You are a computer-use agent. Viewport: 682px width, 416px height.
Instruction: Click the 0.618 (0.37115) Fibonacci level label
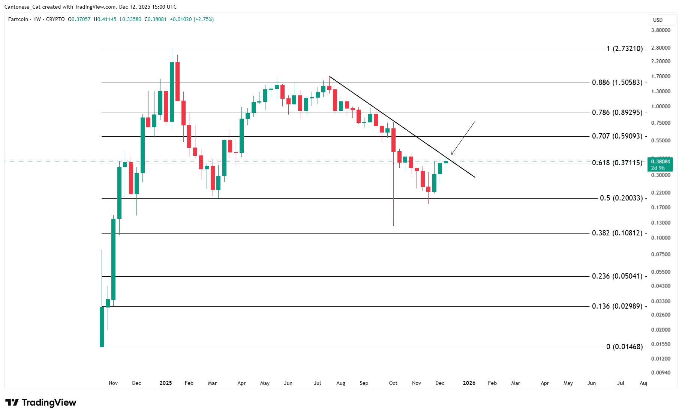click(x=617, y=163)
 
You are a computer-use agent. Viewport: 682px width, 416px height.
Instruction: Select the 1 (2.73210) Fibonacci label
click(x=624, y=48)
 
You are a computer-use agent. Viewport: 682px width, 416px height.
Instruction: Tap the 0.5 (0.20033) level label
click(x=621, y=198)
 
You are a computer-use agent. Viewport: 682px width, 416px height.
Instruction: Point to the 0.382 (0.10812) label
click(x=617, y=233)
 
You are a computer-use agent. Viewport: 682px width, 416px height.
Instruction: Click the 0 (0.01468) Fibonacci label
click(x=624, y=347)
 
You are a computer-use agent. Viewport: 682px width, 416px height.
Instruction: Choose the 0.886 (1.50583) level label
click(x=617, y=82)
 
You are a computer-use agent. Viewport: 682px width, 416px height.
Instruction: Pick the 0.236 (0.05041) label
click(x=617, y=276)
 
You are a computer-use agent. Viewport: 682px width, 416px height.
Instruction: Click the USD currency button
click(x=658, y=20)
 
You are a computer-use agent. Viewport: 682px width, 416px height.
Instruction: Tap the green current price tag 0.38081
click(x=660, y=162)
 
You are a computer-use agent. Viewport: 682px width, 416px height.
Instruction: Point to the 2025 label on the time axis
click(x=165, y=383)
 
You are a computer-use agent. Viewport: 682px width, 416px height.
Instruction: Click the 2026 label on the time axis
click(x=469, y=383)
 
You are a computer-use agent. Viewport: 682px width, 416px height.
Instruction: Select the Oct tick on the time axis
click(x=393, y=383)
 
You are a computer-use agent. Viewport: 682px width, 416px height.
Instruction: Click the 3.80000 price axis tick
click(x=661, y=30)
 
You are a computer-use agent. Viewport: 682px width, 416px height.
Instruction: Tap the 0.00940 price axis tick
click(x=661, y=372)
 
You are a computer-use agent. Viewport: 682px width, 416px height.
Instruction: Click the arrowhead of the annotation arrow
click(x=452, y=154)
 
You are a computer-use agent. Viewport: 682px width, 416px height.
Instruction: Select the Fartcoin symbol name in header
click(x=18, y=19)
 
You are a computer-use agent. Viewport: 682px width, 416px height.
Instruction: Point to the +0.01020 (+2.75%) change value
click(x=192, y=19)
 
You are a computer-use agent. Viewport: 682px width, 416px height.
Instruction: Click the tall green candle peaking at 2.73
click(x=172, y=92)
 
